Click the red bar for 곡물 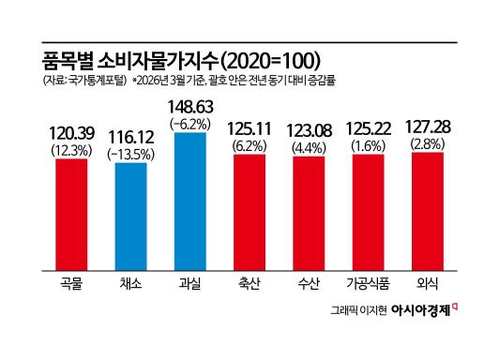click(x=71, y=215)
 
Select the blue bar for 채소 click(x=130, y=217)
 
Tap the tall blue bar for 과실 click(x=190, y=202)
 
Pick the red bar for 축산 click(x=249, y=213)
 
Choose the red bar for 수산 click(x=309, y=214)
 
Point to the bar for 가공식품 click(x=369, y=213)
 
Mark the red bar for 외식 click(x=428, y=212)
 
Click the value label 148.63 click(x=190, y=107)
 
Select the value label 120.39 click(x=71, y=133)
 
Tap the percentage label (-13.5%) click(x=130, y=155)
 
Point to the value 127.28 click(x=428, y=127)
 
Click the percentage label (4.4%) click(x=309, y=148)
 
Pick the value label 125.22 click(x=369, y=128)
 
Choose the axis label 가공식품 click(x=369, y=283)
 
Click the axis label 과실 click(x=190, y=283)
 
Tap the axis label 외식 click(x=428, y=283)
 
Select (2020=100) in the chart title click(x=270, y=61)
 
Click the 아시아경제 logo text click(x=421, y=309)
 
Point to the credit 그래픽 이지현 click(x=358, y=310)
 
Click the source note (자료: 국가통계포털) click(x=84, y=80)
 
